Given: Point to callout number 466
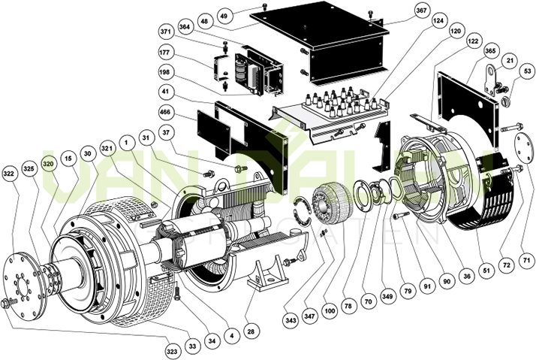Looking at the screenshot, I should click(166, 111).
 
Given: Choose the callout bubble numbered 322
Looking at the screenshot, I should click(11, 173).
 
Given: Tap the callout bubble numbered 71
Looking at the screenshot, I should click(526, 260).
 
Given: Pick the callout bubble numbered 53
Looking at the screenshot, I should click(528, 71).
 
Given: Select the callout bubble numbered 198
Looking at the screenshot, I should click(166, 72).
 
